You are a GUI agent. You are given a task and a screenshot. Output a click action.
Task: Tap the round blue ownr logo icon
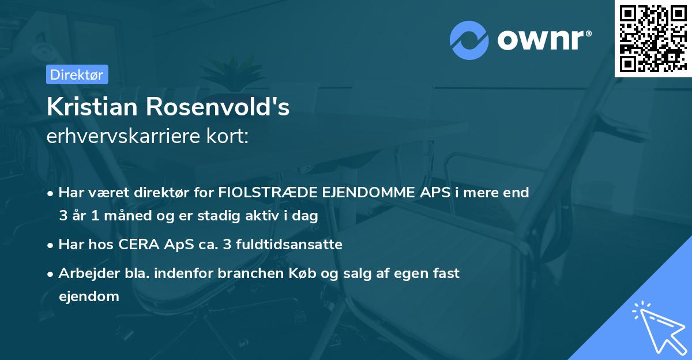pos(469,40)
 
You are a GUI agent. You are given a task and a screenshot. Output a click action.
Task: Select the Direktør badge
pos(77,74)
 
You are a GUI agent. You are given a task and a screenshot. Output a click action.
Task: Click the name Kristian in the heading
pos(93,107)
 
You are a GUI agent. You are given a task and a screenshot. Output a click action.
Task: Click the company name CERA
pos(139,245)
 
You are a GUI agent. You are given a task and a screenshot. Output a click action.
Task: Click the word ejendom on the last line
pos(89,297)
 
